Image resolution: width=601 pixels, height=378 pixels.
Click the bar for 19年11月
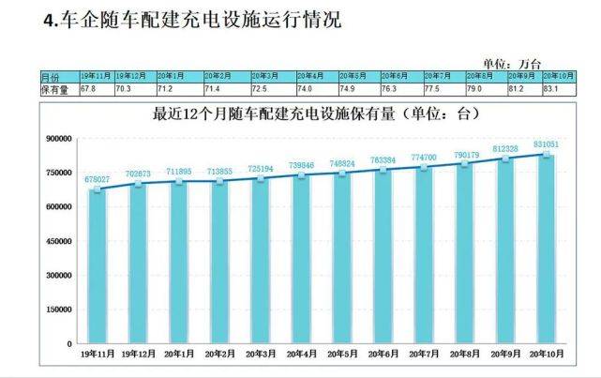97,267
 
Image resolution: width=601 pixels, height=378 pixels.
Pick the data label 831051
547,144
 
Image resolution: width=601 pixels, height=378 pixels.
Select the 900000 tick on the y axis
57,138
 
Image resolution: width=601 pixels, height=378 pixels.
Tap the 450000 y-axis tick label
57,241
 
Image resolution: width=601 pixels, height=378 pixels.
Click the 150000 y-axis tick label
57,310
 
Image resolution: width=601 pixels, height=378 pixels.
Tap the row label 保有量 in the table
54,90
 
